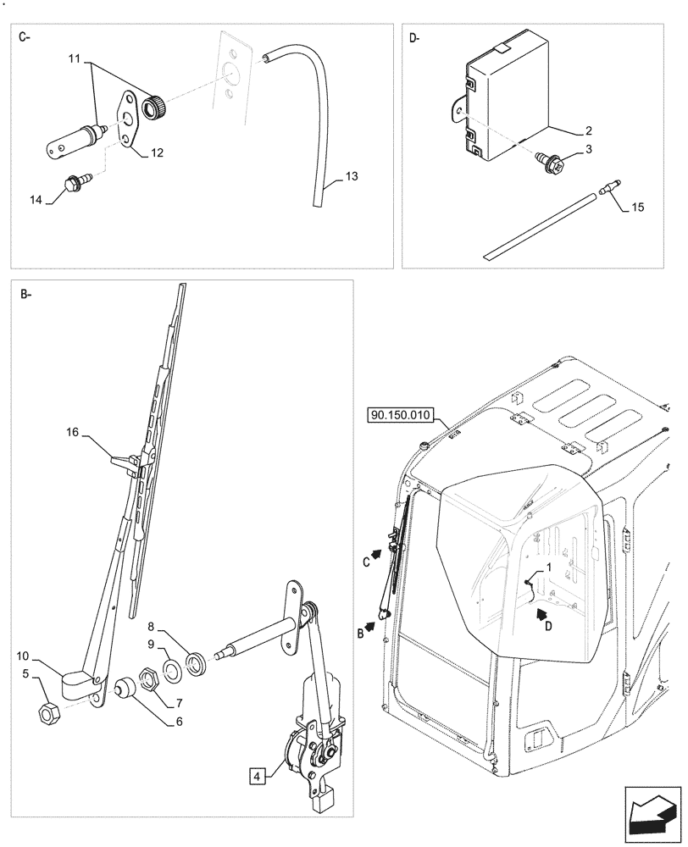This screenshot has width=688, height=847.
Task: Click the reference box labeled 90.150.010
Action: [x=401, y=416]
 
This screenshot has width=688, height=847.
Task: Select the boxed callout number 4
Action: [x=255, y=774]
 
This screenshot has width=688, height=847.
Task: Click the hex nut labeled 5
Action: [x=48, y=713]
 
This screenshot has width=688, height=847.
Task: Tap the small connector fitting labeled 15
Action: [x=609, y=190]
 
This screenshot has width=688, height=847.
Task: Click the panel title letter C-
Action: [x=24, y=38]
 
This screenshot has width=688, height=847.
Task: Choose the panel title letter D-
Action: [x=414, y=38]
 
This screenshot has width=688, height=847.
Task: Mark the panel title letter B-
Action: [x=24, y=294]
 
